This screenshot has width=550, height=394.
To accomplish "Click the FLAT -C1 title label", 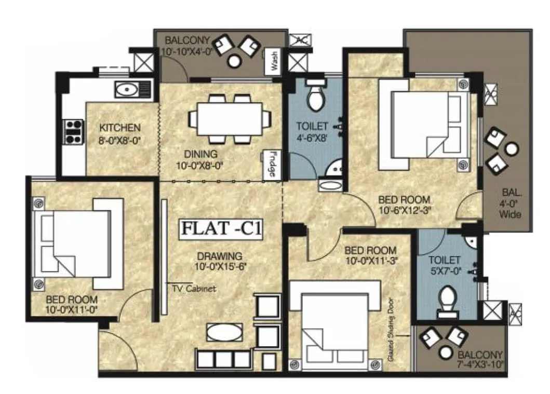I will [x=221, y=229].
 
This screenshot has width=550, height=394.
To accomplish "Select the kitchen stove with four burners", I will [x=73, y=131].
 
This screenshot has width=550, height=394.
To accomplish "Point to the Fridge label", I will [x=272, y=166].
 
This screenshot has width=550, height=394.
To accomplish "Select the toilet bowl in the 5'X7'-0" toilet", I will [x=447, y=303].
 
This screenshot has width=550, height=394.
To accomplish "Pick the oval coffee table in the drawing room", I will [x=224, y=332].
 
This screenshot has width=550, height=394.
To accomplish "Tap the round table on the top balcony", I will [x=235, y=61].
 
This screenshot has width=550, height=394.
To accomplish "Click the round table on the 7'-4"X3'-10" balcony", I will [x=445, y=353].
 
